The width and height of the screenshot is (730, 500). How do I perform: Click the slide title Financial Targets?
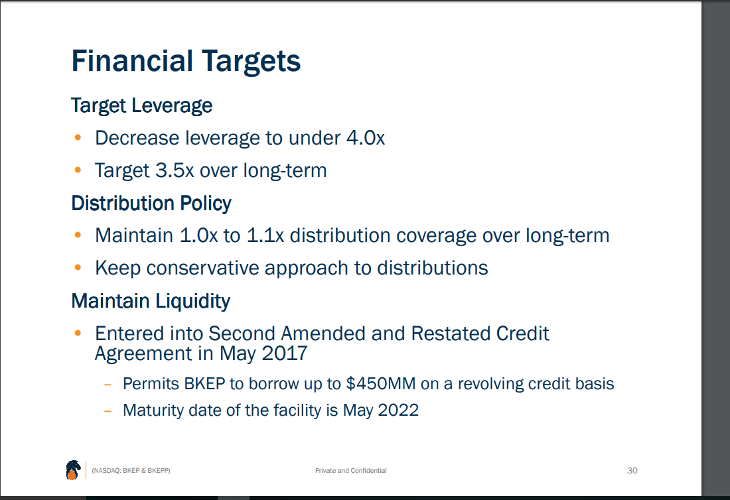(x=186, y=62)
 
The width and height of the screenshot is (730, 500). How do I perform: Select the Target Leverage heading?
(x=141, y=106)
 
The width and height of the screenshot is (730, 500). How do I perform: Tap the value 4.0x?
(x=366, y=138)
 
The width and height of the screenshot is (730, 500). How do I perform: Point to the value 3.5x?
(x=174, y=170)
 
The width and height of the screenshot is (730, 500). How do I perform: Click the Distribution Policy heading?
(x=151, y=204)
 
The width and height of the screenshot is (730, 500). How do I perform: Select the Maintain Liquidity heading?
(x=151, y=302)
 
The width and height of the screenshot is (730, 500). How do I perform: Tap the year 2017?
(x=284, y=353)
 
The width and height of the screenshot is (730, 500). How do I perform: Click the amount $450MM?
(x=380, y=384)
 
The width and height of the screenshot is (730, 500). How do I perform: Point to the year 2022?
(x=398, y=410)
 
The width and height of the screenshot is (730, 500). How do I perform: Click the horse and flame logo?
(x=73, y=469)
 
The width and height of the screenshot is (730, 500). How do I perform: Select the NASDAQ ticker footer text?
(x=131, y=471)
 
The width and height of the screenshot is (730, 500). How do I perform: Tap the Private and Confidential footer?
(x=350, y=471)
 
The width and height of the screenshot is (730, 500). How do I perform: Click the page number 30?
(x=632, y=471)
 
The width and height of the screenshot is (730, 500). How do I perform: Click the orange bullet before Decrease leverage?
(x=78, y=138)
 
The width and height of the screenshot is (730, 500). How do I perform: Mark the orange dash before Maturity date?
(x=108, y=411)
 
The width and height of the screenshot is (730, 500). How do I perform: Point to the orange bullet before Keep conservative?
(x=78, y=267)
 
